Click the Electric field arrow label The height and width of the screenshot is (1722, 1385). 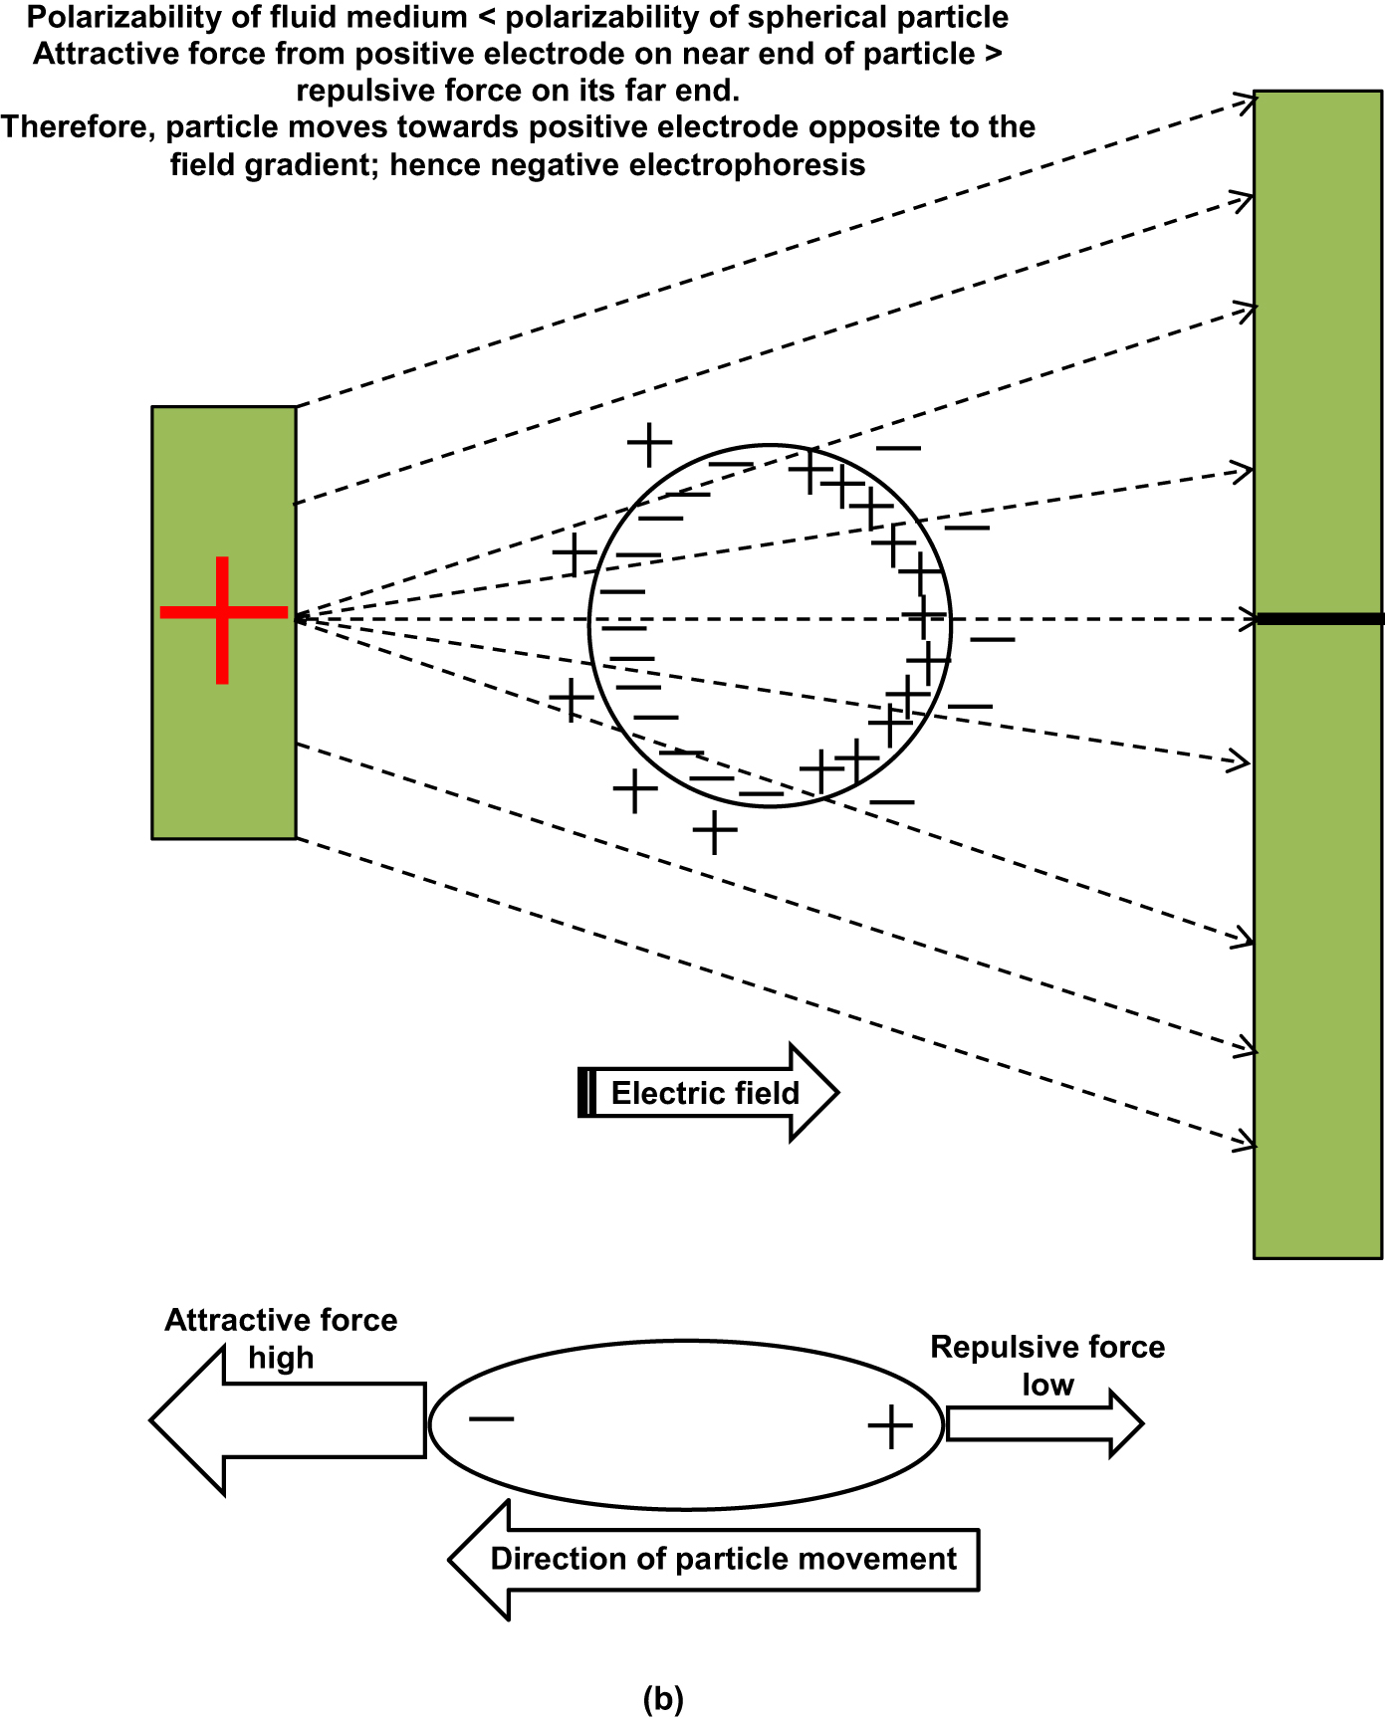(705, 1093)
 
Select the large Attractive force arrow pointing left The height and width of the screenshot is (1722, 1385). (289, 1420)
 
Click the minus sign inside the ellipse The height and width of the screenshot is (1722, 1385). (491, 1418)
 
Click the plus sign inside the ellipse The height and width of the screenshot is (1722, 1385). (890, 1426)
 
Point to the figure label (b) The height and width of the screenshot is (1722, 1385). (663, 1697)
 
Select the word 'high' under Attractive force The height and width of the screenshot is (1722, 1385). (281, 1358)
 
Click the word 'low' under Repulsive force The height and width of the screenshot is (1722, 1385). (1047, 1385)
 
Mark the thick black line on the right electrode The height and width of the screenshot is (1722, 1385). (1319, 619)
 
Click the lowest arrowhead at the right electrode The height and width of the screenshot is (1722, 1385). (1245, 1141)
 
